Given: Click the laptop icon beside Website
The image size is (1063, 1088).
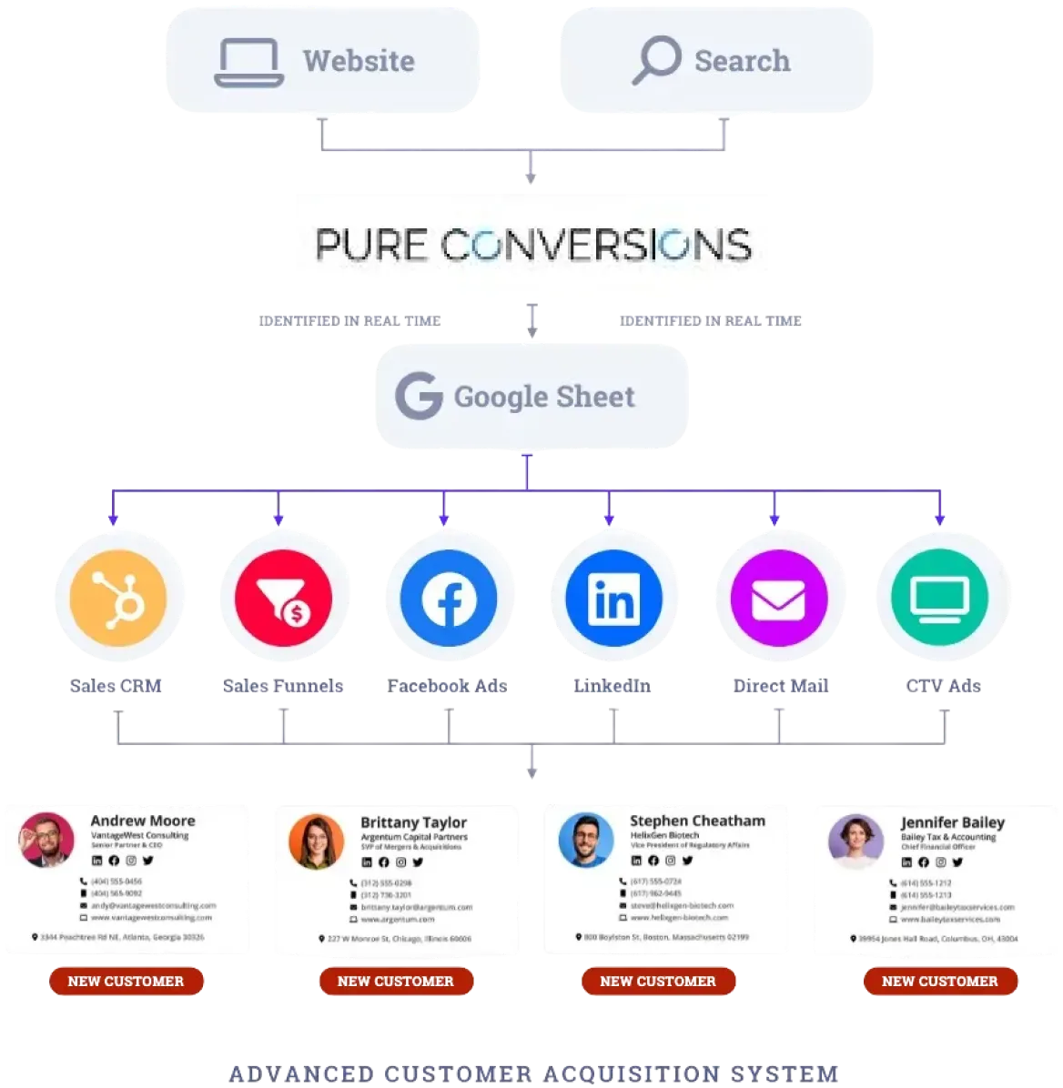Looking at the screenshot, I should coord(248,62).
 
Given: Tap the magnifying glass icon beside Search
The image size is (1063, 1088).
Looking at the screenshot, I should coord(655,60).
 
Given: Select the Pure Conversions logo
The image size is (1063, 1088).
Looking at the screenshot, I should coord(531,244).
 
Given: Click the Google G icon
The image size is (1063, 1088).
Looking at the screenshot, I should coord(417,397).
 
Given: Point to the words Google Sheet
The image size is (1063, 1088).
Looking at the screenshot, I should coord(544,397).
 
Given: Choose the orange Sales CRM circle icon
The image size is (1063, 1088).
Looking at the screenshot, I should coord(118,597).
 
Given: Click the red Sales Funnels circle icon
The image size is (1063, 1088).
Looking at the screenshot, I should coord(283,597).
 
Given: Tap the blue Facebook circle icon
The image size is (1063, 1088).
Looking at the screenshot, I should coord(448,597).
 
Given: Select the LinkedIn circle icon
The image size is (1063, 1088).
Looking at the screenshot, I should coord(613,597).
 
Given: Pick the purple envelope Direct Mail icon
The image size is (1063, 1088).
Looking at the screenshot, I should coord(778,597).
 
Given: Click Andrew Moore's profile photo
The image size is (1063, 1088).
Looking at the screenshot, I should coord(47,839).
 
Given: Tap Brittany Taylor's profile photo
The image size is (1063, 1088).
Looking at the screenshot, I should coord(316,841).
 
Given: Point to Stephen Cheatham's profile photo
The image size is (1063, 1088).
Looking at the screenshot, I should coord(585,839).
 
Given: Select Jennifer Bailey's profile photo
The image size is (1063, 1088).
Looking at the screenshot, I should coord(855,841).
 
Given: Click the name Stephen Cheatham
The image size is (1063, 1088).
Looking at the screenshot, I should coord(697,821).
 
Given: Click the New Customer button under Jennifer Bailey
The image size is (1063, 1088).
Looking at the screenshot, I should coord(940,981).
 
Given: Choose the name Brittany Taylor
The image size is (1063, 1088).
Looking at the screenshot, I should coord(413,822).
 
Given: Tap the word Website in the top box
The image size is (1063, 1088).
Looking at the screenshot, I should coord(359,61).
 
